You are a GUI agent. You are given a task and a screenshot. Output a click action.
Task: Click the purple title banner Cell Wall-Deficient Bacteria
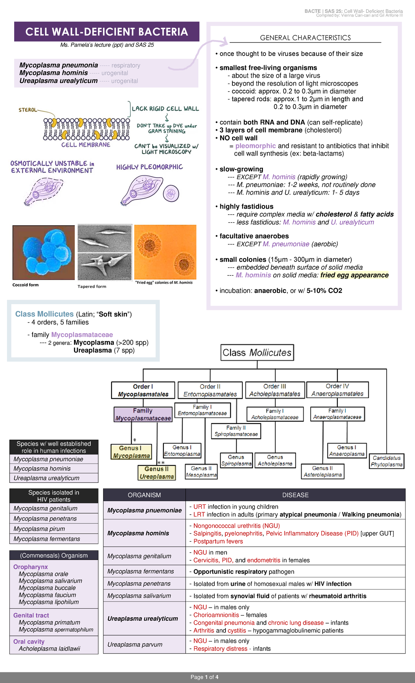pyautogui.click(x=107, y=32)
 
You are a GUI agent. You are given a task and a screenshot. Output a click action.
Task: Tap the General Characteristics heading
pyautogui.click(x=305, y=38)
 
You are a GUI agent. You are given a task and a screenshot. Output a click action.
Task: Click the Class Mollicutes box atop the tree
pyautogui.click(x=257, y=353)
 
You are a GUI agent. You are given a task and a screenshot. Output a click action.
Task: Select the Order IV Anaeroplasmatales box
pyautogui.click(x=337, y=390)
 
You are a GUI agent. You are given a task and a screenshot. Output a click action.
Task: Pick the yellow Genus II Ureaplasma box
pyautogui.click(x=157, y=473)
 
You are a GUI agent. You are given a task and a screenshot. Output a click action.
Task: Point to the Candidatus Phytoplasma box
pyautogui.click(x=386, y=461)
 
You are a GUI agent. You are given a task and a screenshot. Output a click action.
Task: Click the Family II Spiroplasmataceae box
pyautogui.click(x=236, y=431)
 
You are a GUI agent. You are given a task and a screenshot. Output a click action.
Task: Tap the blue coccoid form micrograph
pyautogui.click(x=44, y=252)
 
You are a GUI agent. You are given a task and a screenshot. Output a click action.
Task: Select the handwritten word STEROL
pyautogui.click(x=28, y=110)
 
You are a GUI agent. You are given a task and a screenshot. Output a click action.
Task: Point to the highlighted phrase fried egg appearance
pyautogui.click(x=354, y=275)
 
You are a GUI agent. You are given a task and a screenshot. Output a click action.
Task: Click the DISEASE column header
pyautogui.click(x=295, y=495)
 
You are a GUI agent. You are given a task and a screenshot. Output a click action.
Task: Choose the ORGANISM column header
pyautogui.click(x=144, y=495)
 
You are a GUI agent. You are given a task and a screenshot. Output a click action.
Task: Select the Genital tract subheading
pyautogui.click(x=31, y=615)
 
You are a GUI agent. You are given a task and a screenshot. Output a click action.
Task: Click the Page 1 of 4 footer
pyautogui.click(x=204, y=677)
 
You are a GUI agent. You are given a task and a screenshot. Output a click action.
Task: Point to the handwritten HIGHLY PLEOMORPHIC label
pyautogui.click(x=149, y=167)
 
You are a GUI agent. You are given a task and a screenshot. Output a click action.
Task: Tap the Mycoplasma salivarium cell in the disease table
pyautogui.click(x=139, y=596)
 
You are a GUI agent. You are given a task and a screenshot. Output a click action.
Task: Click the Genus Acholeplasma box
pyautogui.click(x=275, y=460)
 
